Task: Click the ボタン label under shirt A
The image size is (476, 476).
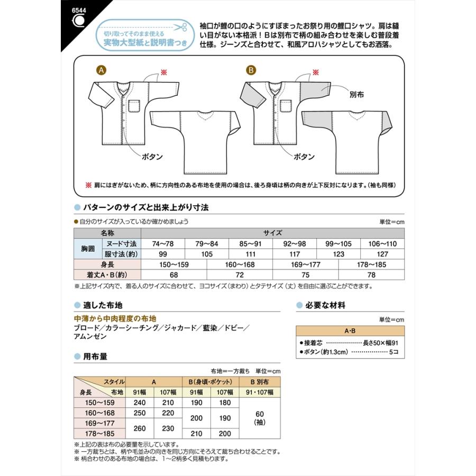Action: pos(152,157)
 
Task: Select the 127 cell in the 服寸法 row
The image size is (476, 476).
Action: pos(382,254)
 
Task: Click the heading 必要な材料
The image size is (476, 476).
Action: pos(326,305)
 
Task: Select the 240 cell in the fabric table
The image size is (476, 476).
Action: pos(140,402)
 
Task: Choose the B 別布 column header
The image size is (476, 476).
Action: pos(260,381)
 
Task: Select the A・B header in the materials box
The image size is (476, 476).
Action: pos(350,331)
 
